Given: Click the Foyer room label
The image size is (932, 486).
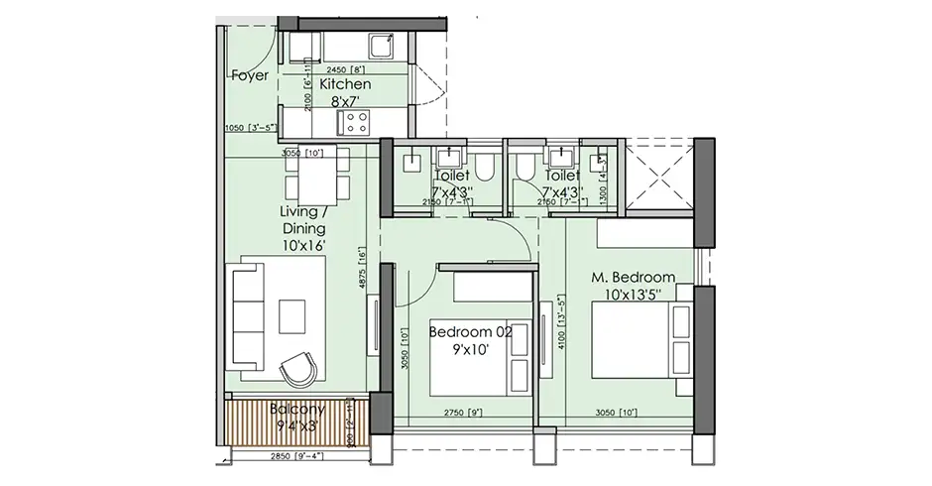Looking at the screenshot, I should click(250, 75).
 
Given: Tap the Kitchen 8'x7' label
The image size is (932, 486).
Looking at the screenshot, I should click(345, 92).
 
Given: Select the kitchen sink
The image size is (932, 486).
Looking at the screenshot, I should click(380, 46).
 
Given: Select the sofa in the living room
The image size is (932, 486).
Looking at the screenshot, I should click(247, 317).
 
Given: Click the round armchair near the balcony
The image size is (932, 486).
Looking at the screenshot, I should click(298, 370).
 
